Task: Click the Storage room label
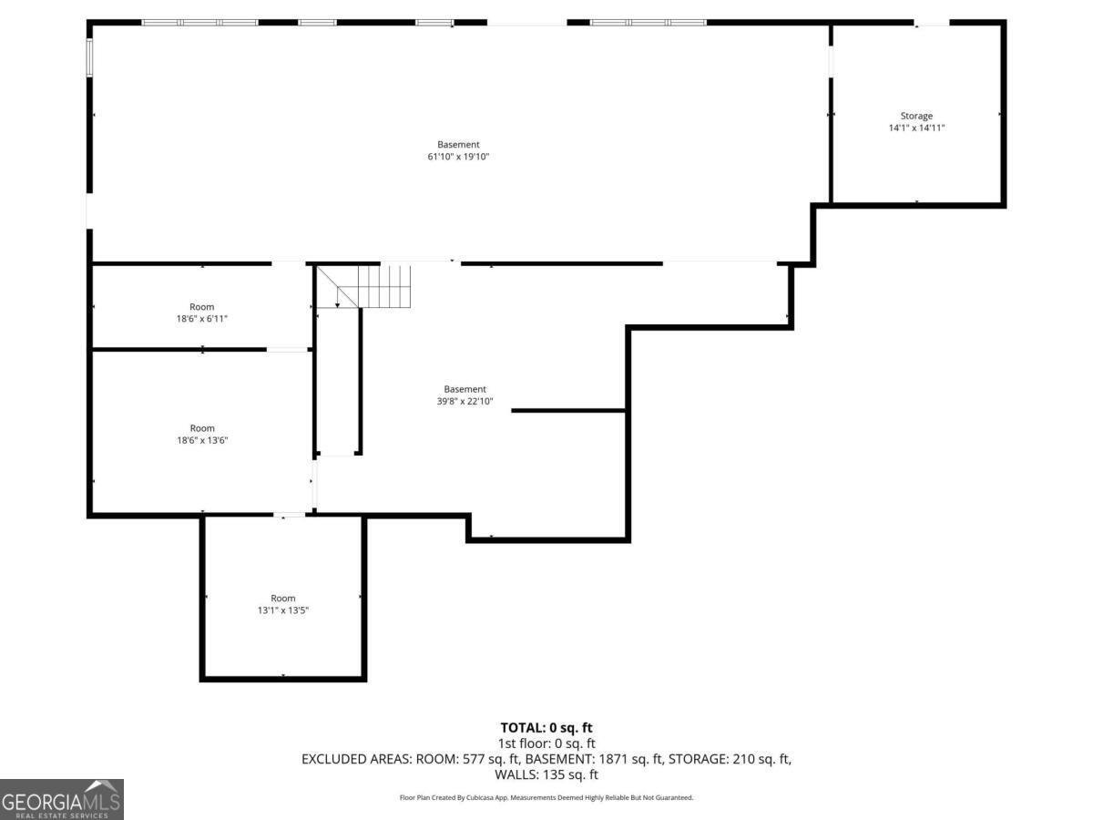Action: pyautogui.click(x=916, y=116)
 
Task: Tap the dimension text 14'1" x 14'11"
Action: pyautogui.click(x=916, y=128)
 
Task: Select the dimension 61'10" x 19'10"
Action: pyautogui.click(x=458, y=157)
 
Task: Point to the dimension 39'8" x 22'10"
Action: pyautogui.click(x=465, y=402)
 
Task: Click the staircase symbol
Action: pyautogui.click(x=373, y=286)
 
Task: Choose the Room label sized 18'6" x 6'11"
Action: pyautogui.click(x=202, y=307)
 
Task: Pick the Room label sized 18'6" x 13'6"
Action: pyautogui.click(x=202, y=428)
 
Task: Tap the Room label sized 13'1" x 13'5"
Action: pyautogui.click(x=283, y=599)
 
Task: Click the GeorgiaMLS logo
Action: pyautogui.click(x=61, y=799)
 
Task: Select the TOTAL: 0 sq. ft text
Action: pyautogui.click(x=546, y=727)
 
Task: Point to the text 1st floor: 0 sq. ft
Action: pyautogui.click(x=546, y=743)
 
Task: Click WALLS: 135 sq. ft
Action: pyautogui.click(x=546, y=774)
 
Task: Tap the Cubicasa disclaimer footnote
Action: pyautogui.click(x=546, y=797)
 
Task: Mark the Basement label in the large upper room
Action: pyautogui.click(x=458, y=144)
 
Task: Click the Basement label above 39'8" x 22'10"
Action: pyautogui.click(x=465, y=389)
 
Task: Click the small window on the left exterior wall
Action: pyautogui.click(x=89, y=56)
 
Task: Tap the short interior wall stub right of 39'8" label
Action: pyautogui.click(x=568, y=410)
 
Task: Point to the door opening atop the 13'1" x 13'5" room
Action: pyautogui.click(x=290, y=516)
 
